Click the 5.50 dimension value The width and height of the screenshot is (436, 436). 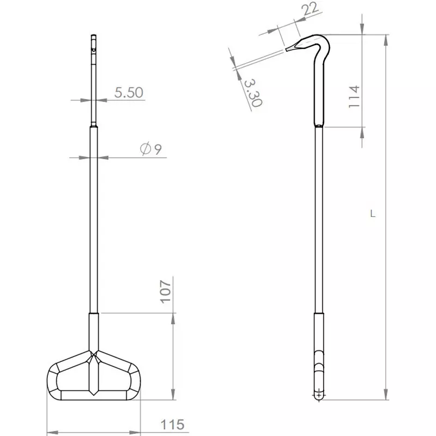129,93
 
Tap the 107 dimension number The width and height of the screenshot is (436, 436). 166,290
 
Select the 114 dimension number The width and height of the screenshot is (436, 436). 354,97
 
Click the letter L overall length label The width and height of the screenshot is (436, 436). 372,214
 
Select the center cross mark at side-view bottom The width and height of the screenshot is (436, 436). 319,393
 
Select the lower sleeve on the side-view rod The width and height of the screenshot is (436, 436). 319,332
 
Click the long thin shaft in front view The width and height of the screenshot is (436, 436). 94,218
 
